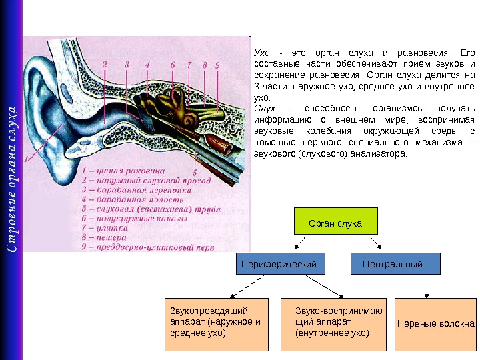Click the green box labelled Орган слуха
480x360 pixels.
[336, 222]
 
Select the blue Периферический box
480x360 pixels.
[284, 265]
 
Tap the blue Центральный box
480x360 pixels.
[396, 265]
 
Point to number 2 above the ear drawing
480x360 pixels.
[105, 65]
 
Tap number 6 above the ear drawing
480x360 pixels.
[173, 65]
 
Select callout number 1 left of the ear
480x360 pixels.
[27, 159]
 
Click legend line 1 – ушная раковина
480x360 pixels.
[119, 171]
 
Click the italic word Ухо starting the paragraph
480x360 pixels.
[262, 53]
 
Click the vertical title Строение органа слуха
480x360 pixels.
[12, 180]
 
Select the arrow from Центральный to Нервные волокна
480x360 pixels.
[427, 288]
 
